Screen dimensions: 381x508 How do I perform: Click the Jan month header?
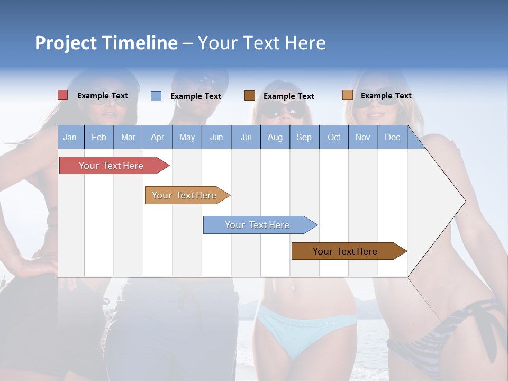point(70,138)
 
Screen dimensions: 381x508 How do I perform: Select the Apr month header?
point(157,138)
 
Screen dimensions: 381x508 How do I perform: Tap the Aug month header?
point(275,138)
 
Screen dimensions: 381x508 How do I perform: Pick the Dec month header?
point(392,138)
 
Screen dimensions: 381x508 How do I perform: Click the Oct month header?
point(334,138)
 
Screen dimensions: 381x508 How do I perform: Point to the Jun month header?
point(216,138)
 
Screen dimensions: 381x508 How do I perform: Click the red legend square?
point(62,95)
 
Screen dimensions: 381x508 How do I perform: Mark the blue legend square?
point(156,96)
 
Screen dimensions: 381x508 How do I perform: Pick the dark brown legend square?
point(249,96)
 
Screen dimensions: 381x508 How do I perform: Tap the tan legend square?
point(347,95)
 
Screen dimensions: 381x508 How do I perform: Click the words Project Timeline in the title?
point(106,43)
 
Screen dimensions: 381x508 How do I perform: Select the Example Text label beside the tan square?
point(386,96)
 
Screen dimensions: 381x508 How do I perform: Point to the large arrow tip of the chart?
point(455,201)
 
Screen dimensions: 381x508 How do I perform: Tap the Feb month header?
point(99,138)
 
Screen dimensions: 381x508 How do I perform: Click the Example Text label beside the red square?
point(102,96)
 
